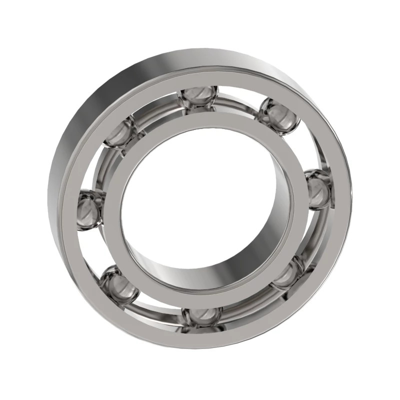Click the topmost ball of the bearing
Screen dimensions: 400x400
(x=199, y=97)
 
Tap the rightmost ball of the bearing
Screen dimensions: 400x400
(x=318, y=189)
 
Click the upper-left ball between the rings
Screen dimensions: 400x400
(x=120, y=131)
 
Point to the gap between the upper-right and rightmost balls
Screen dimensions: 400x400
(x=305, y=147)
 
